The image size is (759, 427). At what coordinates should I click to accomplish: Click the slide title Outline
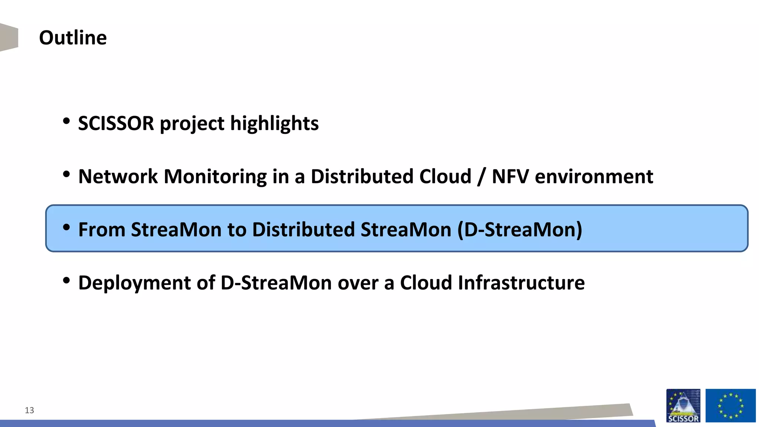73,38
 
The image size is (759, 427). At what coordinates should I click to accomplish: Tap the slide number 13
29,410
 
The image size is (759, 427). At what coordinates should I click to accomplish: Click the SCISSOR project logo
683,406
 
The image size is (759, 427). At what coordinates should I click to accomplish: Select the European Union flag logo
730,406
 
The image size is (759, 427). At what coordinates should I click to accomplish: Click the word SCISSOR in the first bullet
116,123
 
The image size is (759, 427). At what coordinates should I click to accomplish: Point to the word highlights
274,123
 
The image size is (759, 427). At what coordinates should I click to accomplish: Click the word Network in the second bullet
118,176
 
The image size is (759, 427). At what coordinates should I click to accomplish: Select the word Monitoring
215,176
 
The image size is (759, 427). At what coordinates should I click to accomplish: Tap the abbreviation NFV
510,176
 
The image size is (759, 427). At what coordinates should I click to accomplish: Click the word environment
594,176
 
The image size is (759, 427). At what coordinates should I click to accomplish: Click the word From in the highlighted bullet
102,230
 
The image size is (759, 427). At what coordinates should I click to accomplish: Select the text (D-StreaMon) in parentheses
520,230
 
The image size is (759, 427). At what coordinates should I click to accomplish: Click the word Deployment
134,283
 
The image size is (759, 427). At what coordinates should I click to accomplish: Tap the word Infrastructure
521,283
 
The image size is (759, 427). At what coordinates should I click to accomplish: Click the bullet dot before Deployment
66,281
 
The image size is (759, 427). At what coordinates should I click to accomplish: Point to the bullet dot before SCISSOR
66,121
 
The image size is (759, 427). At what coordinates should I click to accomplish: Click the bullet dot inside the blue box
66,227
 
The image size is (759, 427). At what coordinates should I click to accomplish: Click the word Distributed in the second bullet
362,176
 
